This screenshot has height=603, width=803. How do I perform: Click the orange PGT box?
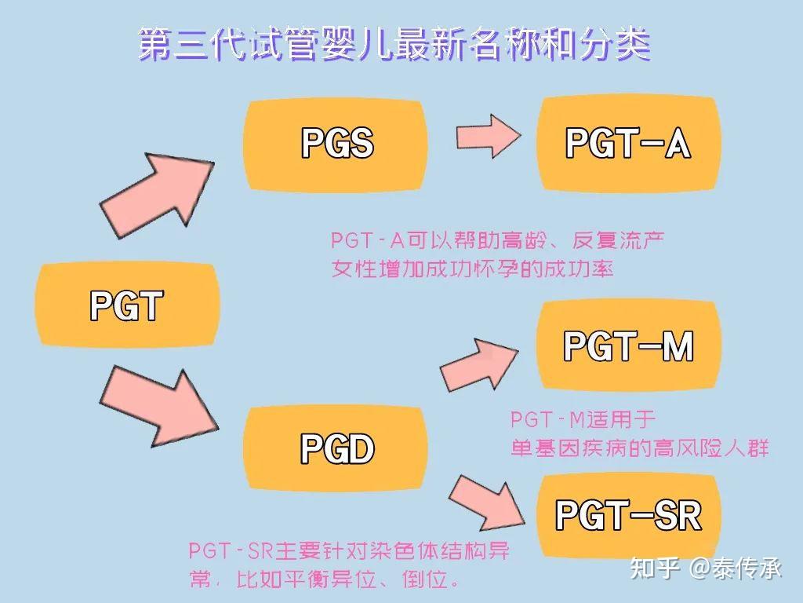tap(128, 305)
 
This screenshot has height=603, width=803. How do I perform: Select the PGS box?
tap(336, 144)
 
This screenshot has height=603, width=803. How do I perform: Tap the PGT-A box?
tap(628, 144)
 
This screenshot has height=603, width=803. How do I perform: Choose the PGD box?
tap(336, 448)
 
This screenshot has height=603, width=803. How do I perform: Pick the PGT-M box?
tap(628, 346)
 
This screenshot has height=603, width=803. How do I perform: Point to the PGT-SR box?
tap(628, 514)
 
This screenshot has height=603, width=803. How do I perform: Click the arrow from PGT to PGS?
tap(157, 195)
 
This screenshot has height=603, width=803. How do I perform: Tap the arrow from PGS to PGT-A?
tap(489, 136)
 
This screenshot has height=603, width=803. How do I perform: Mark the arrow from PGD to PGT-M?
tap(479, 364)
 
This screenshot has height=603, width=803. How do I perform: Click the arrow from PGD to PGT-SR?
tap(488, 502)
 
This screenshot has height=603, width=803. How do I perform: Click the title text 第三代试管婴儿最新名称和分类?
tap(394, 45)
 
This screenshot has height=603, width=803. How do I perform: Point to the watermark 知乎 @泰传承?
tap(707, 568)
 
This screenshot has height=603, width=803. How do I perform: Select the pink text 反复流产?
tap(618, 240)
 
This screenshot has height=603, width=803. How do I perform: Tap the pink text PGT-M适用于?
tap(583, 419)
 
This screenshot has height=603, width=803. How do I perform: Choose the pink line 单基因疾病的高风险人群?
tap(640, 448)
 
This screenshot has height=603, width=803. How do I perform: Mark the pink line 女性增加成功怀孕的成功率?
tap(472, 269)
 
